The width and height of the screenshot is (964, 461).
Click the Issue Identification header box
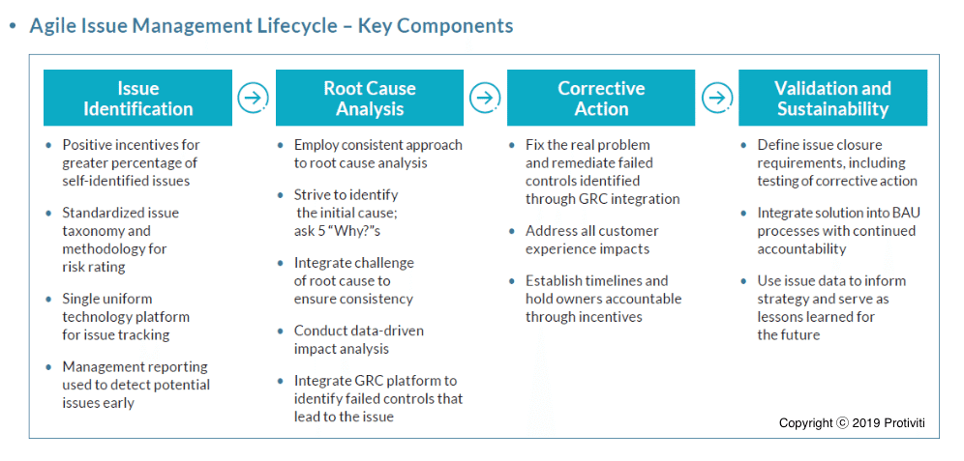coord(137,98)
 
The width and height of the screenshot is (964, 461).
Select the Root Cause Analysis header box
coord(369,98)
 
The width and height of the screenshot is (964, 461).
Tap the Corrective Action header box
coord(601,98)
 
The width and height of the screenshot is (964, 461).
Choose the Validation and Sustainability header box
coord(832,98)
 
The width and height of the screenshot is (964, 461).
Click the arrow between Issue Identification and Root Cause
coord(253,98)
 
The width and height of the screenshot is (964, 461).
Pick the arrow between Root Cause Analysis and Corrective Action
coord(485,98)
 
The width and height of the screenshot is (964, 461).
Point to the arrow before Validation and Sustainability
coord(716,98)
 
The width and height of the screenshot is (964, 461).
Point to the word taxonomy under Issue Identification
coord(91,231)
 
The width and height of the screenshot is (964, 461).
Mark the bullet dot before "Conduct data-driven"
coord(281,331)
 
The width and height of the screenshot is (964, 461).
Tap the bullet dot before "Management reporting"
coord(49,367)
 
